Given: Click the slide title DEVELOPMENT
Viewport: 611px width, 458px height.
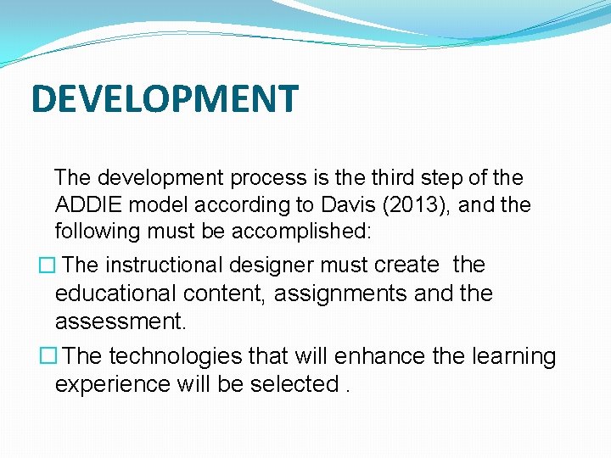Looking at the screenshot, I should pos(165,98).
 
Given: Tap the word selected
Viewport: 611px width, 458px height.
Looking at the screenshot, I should pos(294,384).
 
